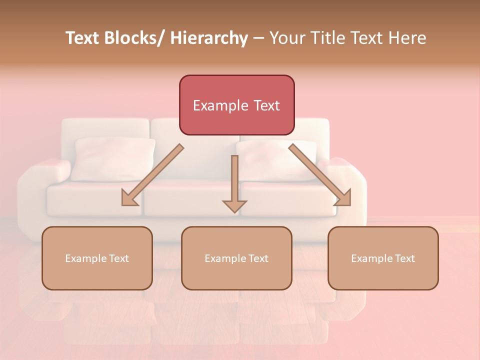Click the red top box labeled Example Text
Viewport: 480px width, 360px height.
[236, 105]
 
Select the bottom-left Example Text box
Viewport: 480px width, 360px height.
[97, 258]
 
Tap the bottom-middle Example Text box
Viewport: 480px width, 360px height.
[236, 258]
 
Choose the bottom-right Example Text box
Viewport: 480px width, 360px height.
[383, 258]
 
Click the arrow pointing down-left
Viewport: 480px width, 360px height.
[152, 175]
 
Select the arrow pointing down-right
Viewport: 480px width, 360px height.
[320, 175]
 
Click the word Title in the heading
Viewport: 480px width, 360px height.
[325, 38]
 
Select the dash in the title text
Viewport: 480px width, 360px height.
[258, 38]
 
